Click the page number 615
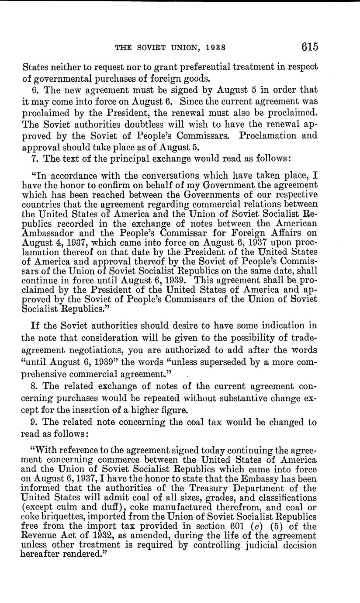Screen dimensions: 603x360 [x=309, y=47]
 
